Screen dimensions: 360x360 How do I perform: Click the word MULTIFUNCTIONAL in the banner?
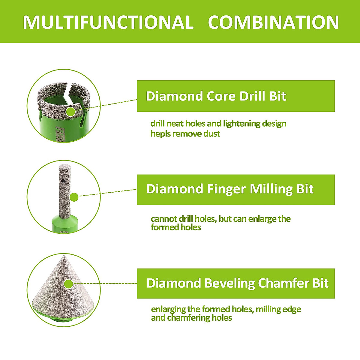[x=108, y=22]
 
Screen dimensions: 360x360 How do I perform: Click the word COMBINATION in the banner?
[x=273, y=22]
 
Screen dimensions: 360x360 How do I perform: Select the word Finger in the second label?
[x=226, y=189]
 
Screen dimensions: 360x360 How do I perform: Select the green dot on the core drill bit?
[x=71, y=112]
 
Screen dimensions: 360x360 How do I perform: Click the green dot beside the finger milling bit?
[x=74, y=197]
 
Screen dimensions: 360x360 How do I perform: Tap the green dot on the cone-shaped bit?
[x=68, y=284]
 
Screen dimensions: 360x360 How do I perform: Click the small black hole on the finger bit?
[x=63, y=181]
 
